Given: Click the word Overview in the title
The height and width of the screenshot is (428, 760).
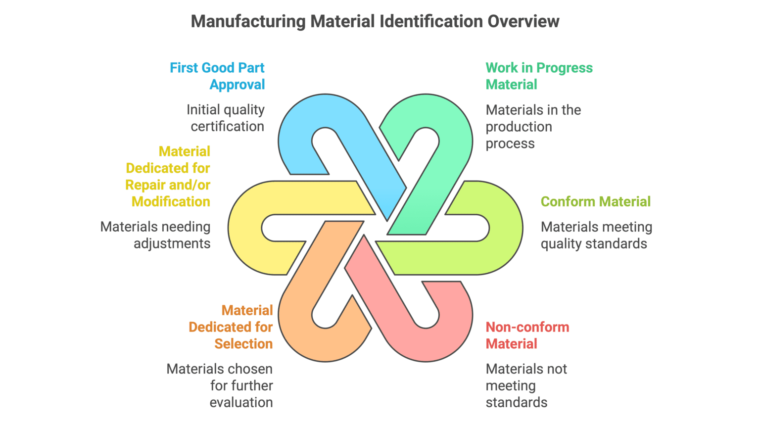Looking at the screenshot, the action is pos(523,21).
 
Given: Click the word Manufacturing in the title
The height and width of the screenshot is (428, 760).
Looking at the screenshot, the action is pos(248,21).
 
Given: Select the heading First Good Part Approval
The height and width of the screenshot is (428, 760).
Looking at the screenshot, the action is pos(217,76).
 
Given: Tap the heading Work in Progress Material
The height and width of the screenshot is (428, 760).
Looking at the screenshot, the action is pos(539,76).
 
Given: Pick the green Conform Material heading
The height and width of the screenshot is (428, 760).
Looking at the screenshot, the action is pos(595,201).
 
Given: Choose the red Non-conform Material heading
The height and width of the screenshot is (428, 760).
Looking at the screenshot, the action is pos(527,335).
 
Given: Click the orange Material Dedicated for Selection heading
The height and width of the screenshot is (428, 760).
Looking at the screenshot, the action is pos(231,327).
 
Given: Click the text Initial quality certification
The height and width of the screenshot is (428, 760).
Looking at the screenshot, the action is pos(225,118).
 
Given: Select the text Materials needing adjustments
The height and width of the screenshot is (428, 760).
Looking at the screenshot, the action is pos(155,235).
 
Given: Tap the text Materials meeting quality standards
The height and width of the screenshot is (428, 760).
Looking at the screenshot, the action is pos(596,235).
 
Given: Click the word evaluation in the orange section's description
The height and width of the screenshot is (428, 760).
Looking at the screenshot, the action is pos(241,402).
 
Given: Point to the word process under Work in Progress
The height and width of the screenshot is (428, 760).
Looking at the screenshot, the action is pos(510,143).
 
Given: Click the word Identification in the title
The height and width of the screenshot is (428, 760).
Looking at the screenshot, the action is pos(431,21).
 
